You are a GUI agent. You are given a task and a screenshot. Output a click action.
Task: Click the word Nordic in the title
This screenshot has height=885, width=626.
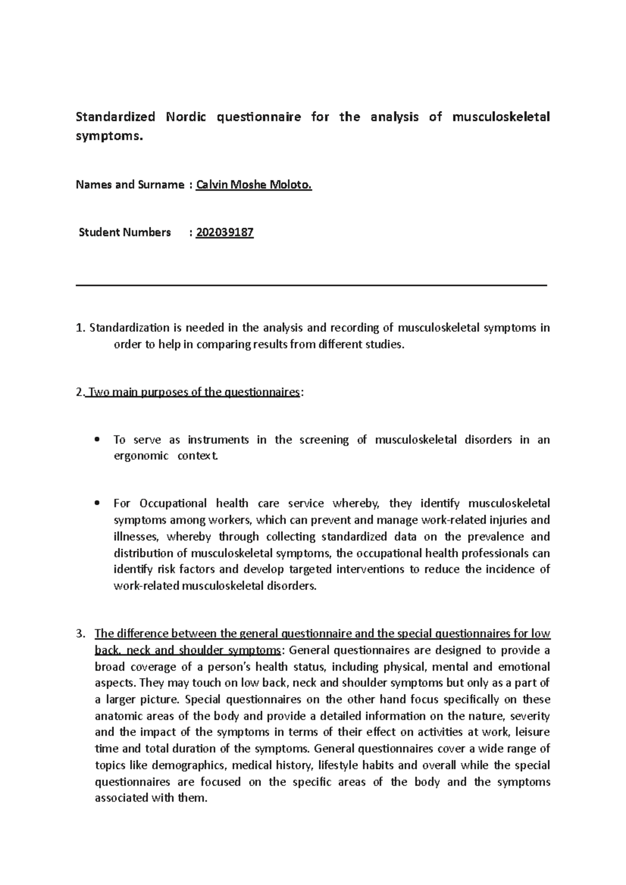tap(186, 117)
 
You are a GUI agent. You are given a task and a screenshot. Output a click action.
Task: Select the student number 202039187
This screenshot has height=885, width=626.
tap(225, 232)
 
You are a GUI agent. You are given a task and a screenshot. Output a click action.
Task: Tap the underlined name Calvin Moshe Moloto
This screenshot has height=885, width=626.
tap(254, 185)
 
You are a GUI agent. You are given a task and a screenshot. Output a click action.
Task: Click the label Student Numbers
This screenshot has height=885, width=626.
tap(125, 232)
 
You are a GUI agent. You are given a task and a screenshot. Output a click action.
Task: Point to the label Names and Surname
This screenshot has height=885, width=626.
tap(130, 185)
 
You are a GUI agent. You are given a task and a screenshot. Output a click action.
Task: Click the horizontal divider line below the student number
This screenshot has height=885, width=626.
tap(311, 285)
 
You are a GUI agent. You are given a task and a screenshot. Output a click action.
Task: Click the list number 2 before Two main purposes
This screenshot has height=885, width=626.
tap(79, 392)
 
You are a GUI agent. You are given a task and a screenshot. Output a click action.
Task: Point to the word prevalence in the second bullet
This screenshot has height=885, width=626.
tap(493, 536)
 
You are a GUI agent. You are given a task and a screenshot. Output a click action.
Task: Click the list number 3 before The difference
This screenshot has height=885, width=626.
tap(79, 634)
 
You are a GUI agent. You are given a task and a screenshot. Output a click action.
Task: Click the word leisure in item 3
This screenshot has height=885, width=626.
tap(532, 732)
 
